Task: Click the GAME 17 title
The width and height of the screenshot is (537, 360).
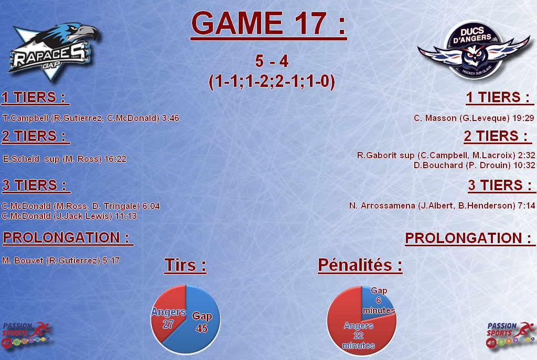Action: click(268, 24)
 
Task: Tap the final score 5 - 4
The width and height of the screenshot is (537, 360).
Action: click(272, 61)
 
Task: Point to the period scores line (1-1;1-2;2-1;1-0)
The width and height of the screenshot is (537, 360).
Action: click(272, 82)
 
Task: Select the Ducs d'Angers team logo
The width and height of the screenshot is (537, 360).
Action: click(474, 51)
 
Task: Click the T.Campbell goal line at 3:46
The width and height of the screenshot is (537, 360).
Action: click(91, 118)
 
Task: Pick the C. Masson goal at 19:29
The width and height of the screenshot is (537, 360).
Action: click(474, 118)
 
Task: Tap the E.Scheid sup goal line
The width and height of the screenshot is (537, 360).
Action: click(65, 159)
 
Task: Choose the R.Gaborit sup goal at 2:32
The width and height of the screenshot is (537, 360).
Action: click(446, 155)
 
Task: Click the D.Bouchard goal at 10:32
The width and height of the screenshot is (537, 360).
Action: click(474, 165)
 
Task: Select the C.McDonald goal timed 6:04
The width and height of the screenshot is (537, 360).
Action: click(81, 206)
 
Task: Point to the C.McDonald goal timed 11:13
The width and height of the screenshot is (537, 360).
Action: click(69, 216)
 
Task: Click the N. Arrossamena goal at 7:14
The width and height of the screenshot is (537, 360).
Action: click(442, 205)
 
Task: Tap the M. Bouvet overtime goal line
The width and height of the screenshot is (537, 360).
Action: click(61, 261)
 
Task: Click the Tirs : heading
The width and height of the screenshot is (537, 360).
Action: click(185, 265)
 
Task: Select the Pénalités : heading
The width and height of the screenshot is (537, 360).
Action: click(360, 265)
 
